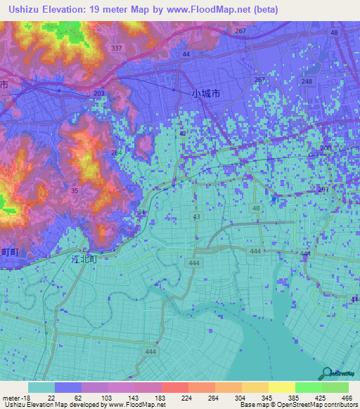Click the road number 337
(117, 48)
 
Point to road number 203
(99, 93)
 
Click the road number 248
(307, 82)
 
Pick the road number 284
(115, 153)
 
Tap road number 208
(325, 148)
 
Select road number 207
(323, 190)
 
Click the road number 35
(74, 190)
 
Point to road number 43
(197, 217)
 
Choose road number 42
(183, 134)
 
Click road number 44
(186, 54)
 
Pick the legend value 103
(95, 398)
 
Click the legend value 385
(283, 398)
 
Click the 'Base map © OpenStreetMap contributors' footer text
(298, 405)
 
